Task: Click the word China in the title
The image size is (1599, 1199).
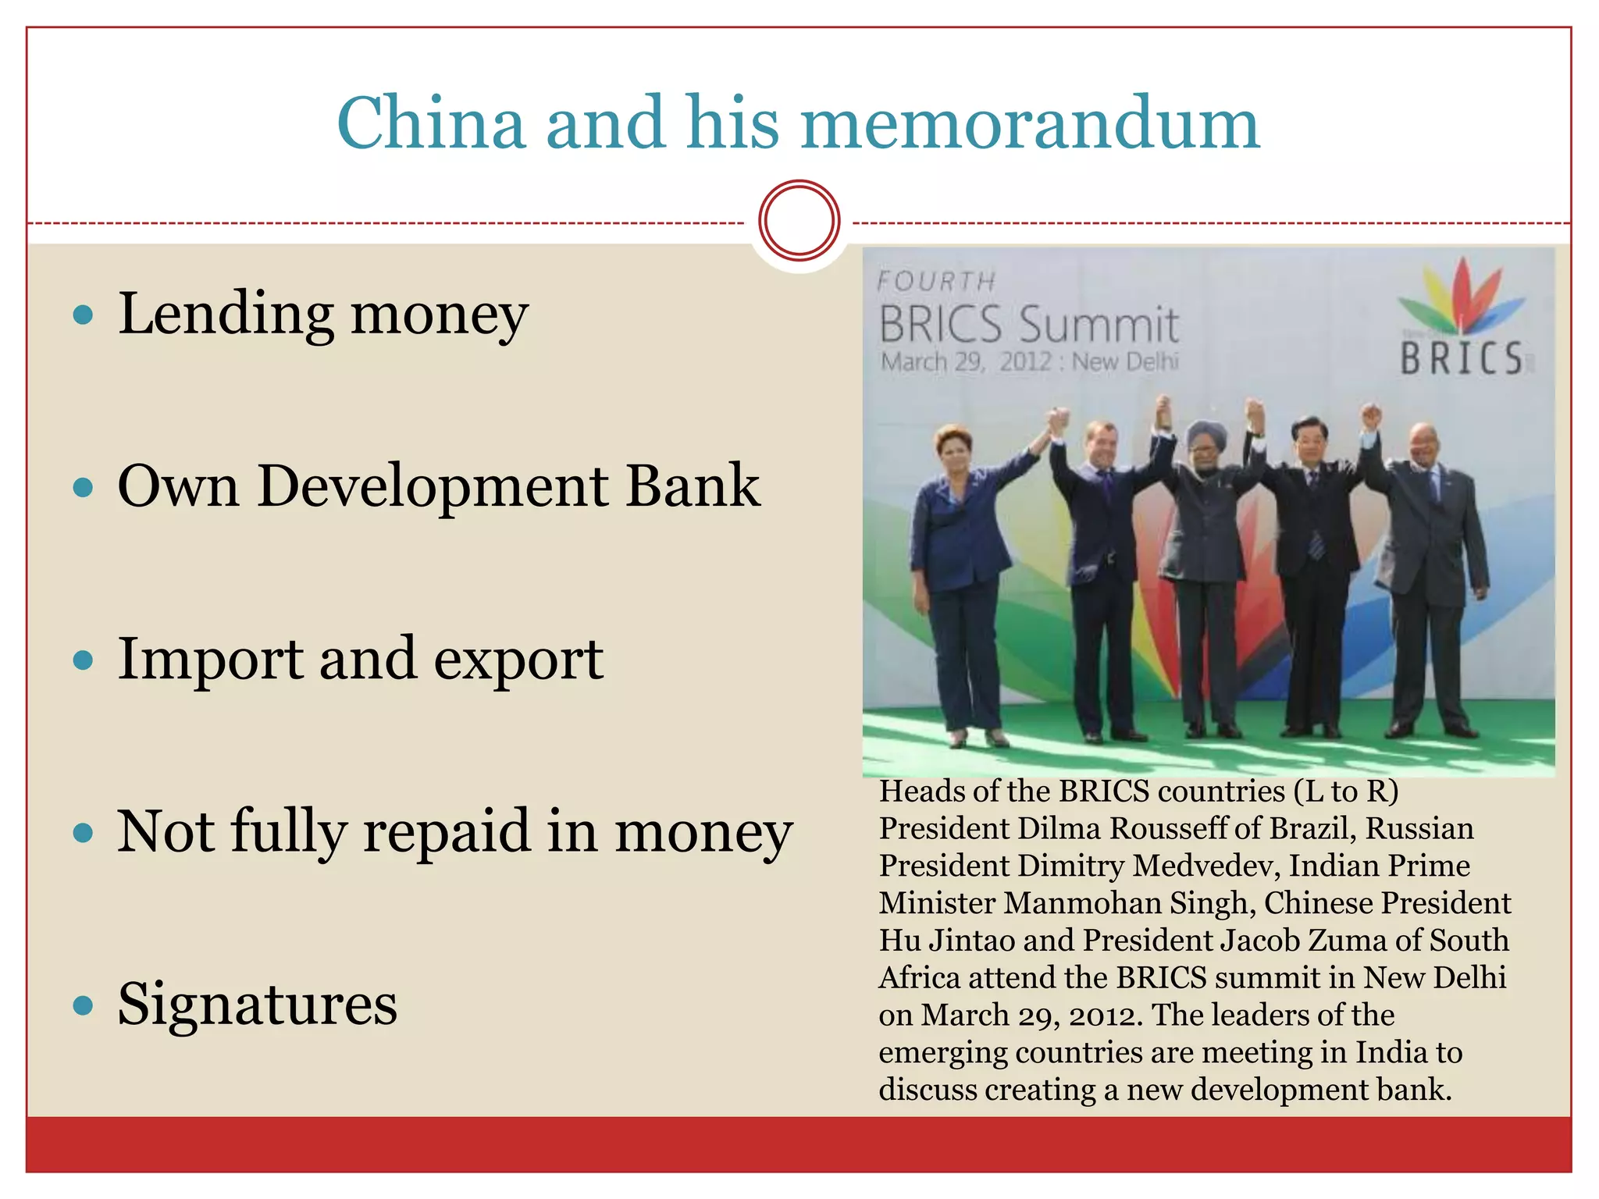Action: (431, 123)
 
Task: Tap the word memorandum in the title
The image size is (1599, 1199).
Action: (1030, 123)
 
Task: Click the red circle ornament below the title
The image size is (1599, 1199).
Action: (799, 221)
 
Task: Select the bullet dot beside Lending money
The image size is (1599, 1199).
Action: (83, 315)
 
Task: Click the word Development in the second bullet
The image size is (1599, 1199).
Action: (433, 487)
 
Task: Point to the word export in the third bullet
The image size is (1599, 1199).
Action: (518, 660)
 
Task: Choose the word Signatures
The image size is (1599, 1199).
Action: (257, 1005)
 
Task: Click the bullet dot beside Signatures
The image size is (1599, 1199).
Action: (83, 1005)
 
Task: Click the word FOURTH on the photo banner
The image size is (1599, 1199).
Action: (936, 282)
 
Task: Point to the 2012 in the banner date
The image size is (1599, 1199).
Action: (1025, 362)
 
